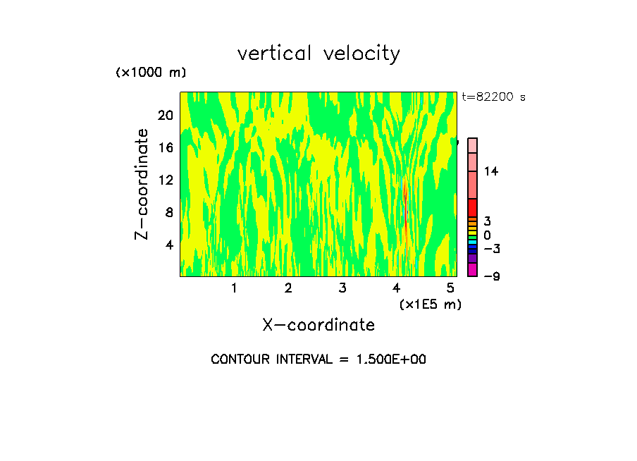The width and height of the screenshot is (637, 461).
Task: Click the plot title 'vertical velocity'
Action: [x=318, y=54]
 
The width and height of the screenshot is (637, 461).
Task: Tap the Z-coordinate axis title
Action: [x=143, y=184]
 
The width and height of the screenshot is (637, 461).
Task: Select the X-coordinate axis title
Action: [x=318, y=325]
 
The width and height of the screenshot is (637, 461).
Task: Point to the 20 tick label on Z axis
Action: [x=165, y=116]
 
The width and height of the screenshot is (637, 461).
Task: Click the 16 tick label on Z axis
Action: [x=165, y=148]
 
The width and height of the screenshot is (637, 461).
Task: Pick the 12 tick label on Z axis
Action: [x=165, y=180]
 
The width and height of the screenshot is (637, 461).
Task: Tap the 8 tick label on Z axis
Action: [x=168, y=213]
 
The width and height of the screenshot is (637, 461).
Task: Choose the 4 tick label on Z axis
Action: [x=168, y=245]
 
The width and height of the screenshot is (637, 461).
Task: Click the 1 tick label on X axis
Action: [x=234, y=288]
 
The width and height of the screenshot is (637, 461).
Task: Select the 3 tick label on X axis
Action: [x=342, y=288]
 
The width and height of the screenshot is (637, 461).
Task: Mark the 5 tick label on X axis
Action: [x=450, y=288]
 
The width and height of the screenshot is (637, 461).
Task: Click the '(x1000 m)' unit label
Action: [x=151, y=73]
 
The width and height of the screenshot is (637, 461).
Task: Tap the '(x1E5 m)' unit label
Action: [x=430, y=304]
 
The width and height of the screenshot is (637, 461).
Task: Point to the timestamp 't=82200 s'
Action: [x=494, y=97]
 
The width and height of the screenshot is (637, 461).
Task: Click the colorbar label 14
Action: [x=491, y=171]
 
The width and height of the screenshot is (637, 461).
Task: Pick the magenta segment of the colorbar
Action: [x=473, y=270]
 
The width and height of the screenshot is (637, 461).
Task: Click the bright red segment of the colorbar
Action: [x=473, y=208]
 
